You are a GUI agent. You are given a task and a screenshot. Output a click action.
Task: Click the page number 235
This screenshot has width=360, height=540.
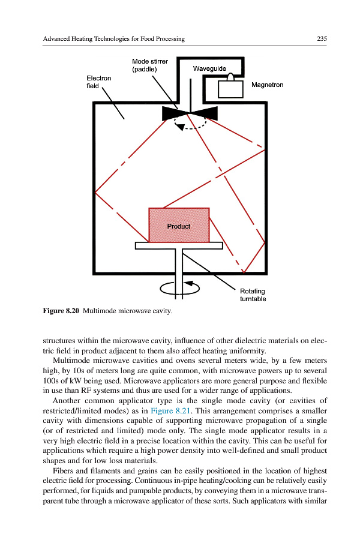(x=322, y=39)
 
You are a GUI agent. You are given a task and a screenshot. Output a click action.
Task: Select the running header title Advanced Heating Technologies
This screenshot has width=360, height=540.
(x=113, y=39)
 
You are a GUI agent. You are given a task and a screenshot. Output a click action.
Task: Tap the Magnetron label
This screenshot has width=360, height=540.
(x=267, y=85)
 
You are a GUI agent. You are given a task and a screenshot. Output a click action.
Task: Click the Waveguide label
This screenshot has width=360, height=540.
(x=209, y=69)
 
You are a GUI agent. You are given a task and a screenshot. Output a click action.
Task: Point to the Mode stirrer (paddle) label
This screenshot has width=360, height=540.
(x=149, y=65)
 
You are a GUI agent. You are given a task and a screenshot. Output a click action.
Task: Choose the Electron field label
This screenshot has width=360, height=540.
(x=98, y=82)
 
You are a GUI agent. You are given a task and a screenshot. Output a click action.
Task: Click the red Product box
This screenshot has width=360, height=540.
(x=179, y=225)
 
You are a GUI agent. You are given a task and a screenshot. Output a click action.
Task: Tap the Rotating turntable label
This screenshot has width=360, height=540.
(x=253, y=295)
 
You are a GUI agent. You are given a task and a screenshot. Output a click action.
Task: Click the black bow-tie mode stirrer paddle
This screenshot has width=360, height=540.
(x=190, y=113)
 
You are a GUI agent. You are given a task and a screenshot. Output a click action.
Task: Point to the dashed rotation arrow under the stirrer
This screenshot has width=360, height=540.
(x=190, y=126)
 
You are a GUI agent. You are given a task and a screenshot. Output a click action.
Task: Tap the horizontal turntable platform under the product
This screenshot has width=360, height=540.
(x=179, y=245)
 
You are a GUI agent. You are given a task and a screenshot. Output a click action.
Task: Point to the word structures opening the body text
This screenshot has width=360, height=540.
(x=59, y=341)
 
